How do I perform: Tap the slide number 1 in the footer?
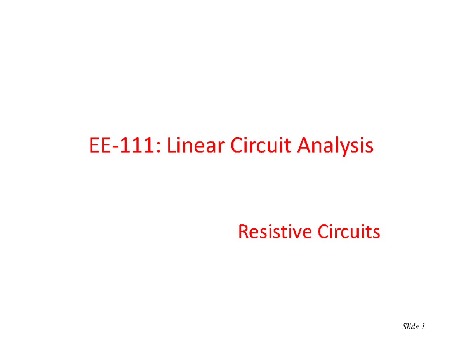(x=423, y=327)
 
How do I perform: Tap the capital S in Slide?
(x=404, y=327)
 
